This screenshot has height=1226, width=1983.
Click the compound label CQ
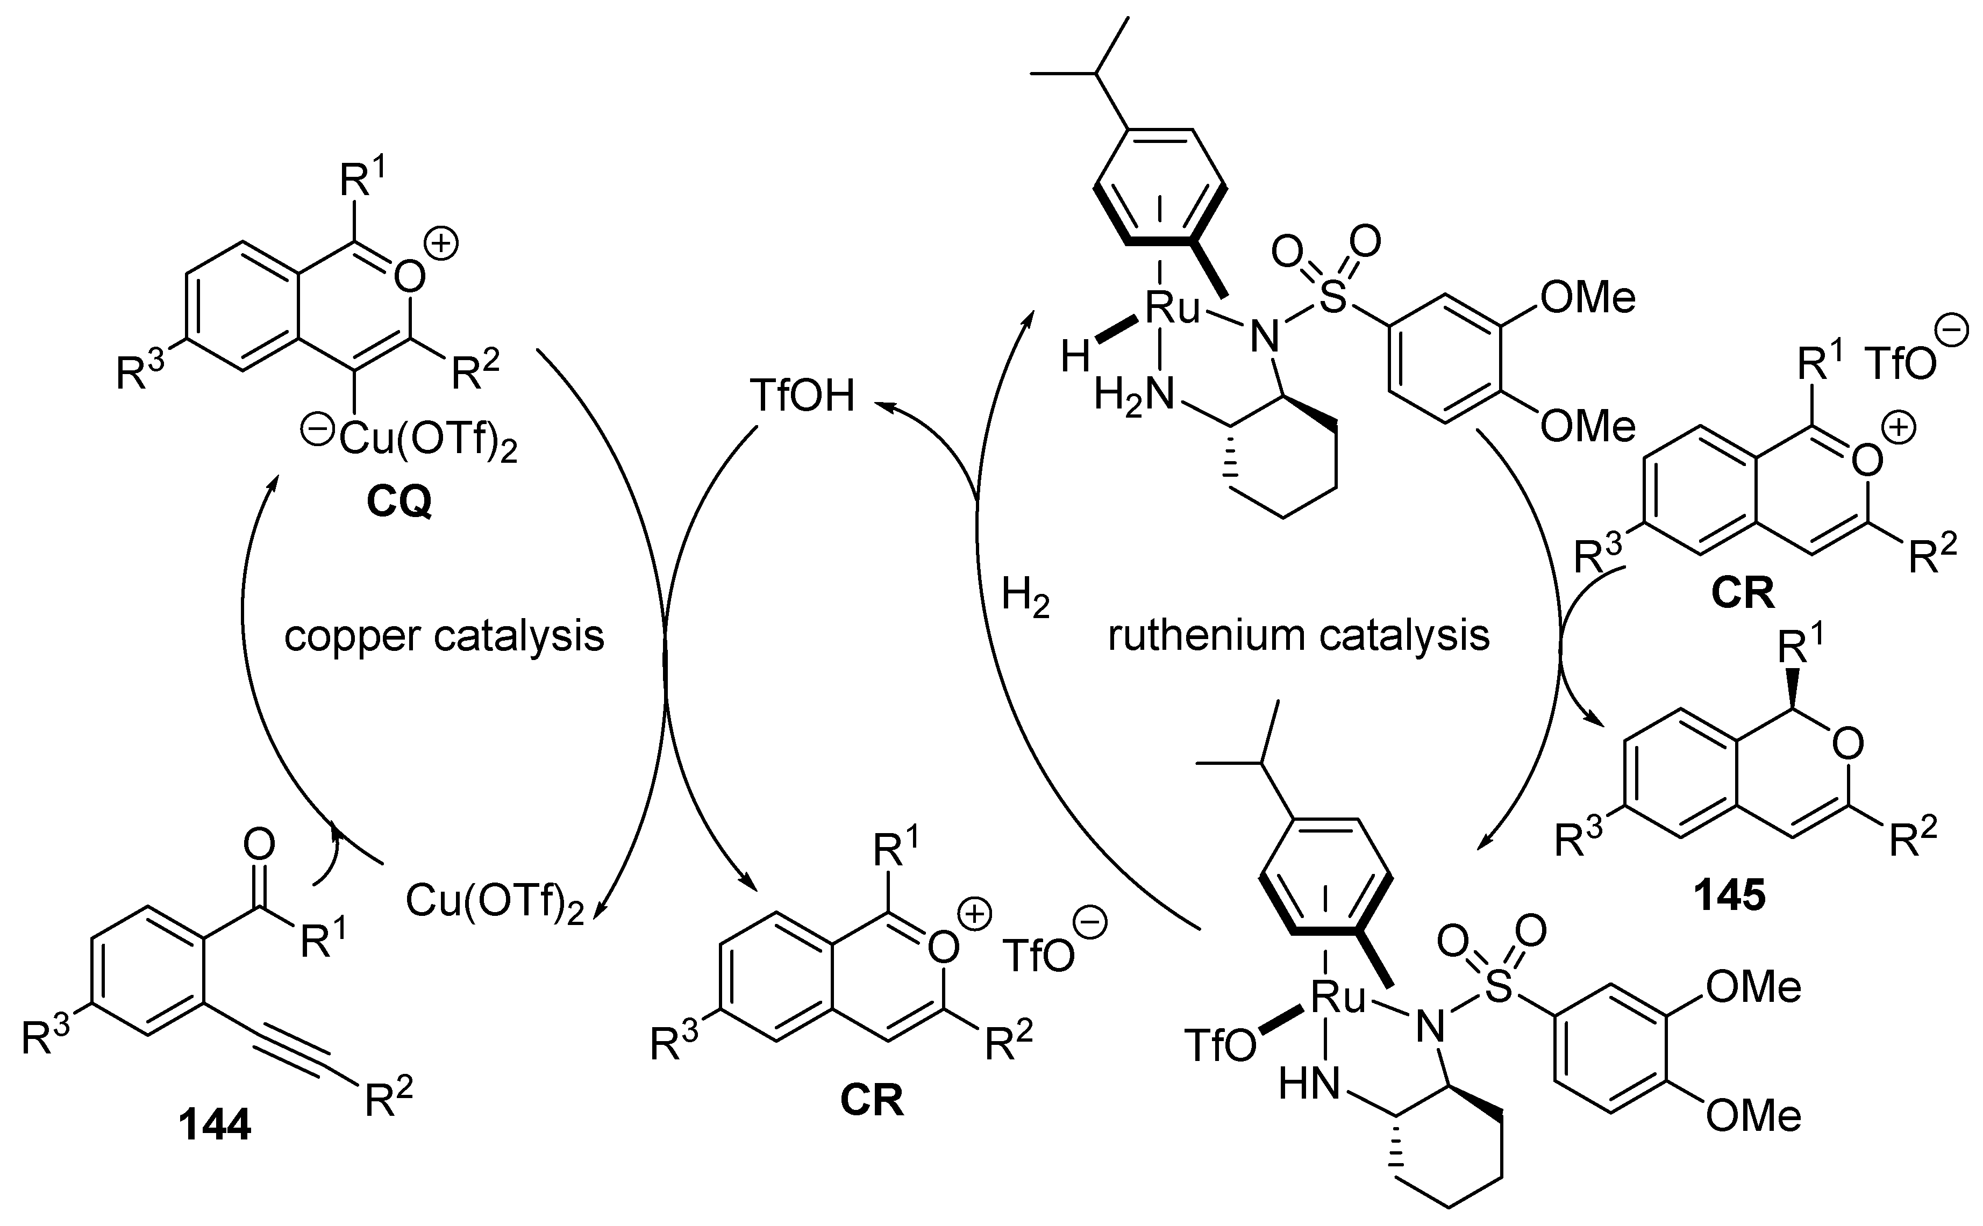(x=398, y=503)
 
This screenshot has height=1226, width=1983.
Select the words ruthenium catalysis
(x=1299, y=636)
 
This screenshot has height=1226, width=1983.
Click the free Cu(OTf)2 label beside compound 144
(x=494, y=902)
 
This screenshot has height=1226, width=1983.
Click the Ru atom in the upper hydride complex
(x=1172, y=309)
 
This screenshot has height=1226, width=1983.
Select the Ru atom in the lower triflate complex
(x=1338, y=999)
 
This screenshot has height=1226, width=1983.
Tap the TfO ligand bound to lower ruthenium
(x=1221, y=1046)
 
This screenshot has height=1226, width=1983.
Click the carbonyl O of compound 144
(x=259, y=845)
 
